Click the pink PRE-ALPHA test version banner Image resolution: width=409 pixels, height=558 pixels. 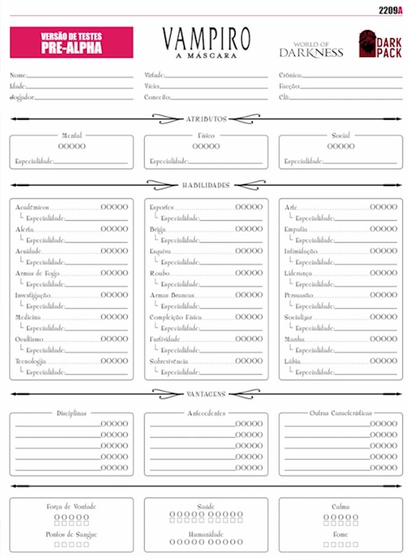(x=71, y=42)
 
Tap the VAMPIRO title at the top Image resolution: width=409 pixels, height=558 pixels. (x=206, y=40)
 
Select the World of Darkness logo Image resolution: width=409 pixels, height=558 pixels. (x=311, y=50)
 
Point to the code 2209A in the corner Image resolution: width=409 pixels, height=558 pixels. (x=391, y=9)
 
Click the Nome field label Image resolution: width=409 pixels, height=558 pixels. (x=18, y=75)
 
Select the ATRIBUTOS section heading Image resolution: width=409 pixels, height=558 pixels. (x=206, y=119)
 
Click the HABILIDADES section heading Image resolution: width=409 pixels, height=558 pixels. (x=206, y=185)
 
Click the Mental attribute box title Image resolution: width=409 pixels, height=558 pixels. (x=72, y=135)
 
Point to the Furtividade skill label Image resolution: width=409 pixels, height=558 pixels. (x=165, y=339)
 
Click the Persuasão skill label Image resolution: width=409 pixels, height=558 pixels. (x=299, y=295)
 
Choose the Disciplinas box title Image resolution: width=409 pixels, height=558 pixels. (x=72, y=413)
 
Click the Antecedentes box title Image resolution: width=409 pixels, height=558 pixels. (x=206, y=413)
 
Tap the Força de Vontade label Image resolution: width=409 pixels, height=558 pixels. (x=71, y=506)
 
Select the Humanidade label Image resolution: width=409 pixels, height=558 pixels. (x=206, y=534)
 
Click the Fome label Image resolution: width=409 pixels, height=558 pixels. (x=340, y=534)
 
